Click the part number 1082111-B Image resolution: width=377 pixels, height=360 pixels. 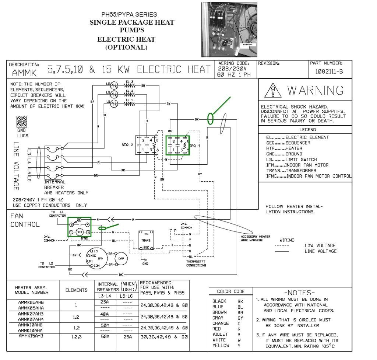[329, 71]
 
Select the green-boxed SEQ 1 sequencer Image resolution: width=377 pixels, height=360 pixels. [177, 145]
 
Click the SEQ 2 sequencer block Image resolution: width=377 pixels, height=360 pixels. [147, 145]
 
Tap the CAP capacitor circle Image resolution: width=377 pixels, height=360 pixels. [121, 259]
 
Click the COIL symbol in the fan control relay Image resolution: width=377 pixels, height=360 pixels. [80, 232]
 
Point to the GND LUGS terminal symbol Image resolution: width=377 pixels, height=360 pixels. [21, 122]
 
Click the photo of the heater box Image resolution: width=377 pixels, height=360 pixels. [229, 29]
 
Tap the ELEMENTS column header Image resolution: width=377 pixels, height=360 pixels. [76, 290]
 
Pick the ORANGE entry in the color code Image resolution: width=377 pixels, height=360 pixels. [221, 323]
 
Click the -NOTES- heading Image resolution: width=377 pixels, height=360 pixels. [301, 293]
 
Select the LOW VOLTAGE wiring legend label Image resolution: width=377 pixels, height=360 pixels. [320, 245]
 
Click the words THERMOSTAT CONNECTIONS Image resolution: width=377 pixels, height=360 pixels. [196, 263]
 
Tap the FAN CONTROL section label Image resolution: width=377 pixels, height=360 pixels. [25, 220]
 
